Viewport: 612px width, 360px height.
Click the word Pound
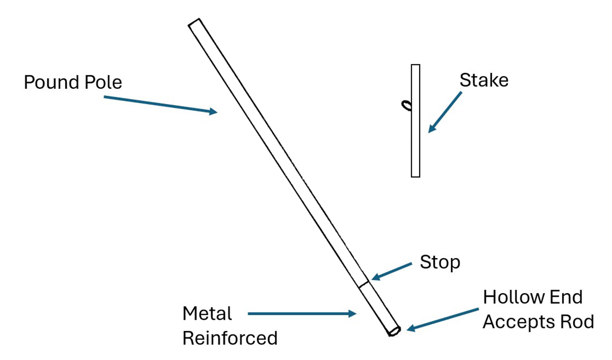click(x=49, y=82)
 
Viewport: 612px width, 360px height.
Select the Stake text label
click(x=483, y=80)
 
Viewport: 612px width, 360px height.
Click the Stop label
click(x=440, y=262)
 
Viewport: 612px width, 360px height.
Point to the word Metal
click(x=207, y=314)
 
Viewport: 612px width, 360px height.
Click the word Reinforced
click(x=230, y=338)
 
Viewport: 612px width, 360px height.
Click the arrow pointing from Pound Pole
click(x=160, y=104)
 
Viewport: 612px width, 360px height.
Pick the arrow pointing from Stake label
click(x=445, y=112)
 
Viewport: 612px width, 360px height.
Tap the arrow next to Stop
click(x=391, y=271)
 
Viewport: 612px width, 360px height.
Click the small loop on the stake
click(x=407, y=106)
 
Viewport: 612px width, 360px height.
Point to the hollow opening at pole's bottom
click(x=394, y=332)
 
